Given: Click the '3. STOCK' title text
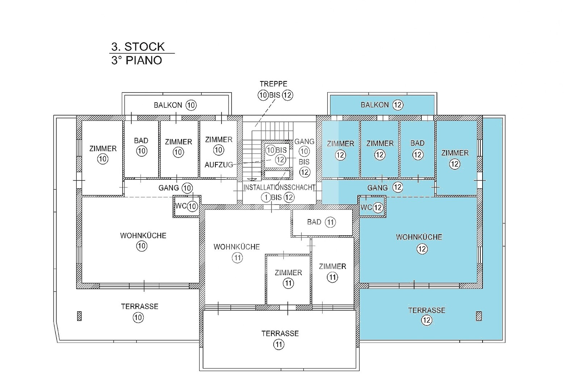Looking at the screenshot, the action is tap(138, 47).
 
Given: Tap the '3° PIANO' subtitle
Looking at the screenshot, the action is tap(137, 60).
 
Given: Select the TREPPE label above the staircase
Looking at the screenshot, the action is tap(273, 84).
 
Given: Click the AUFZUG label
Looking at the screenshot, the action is tap(219, 165).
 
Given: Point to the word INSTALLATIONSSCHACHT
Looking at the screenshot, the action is tap(279, 187).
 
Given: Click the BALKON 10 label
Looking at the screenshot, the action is tap(175, 105).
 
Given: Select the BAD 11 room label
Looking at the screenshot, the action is tap(321, 222).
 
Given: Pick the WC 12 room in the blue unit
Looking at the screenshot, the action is tap(372, 207).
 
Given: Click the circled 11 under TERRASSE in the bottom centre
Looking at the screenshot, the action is tap(279, 344).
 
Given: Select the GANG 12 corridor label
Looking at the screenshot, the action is tap(385, 187).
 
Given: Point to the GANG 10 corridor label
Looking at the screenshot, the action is tap(176, 188).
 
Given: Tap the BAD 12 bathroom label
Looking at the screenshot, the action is tap(417, 150).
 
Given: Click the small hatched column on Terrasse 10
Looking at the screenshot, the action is tap(79, 316).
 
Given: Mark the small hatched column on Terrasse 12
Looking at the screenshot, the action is tap(479, 316).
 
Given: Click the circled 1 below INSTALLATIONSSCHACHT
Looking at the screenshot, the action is tap(266, 198).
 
